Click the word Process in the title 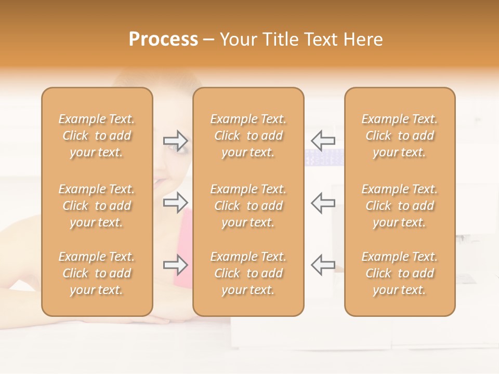point(163,39)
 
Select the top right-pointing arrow point(176,141)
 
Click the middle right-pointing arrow point(176,203)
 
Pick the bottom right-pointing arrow point(176,265)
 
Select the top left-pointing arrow point(323,140)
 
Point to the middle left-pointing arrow point(323,203)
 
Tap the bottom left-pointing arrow point(323,264)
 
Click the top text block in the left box point(97,136)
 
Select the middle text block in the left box point(97,206)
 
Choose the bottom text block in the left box point(97,273)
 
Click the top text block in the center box point(248,136)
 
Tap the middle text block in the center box point(248,206)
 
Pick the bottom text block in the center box point(248,273)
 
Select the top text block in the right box point(400,136)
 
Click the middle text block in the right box point(400,206)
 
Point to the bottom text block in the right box point(400,273)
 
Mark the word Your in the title point(239,39)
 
